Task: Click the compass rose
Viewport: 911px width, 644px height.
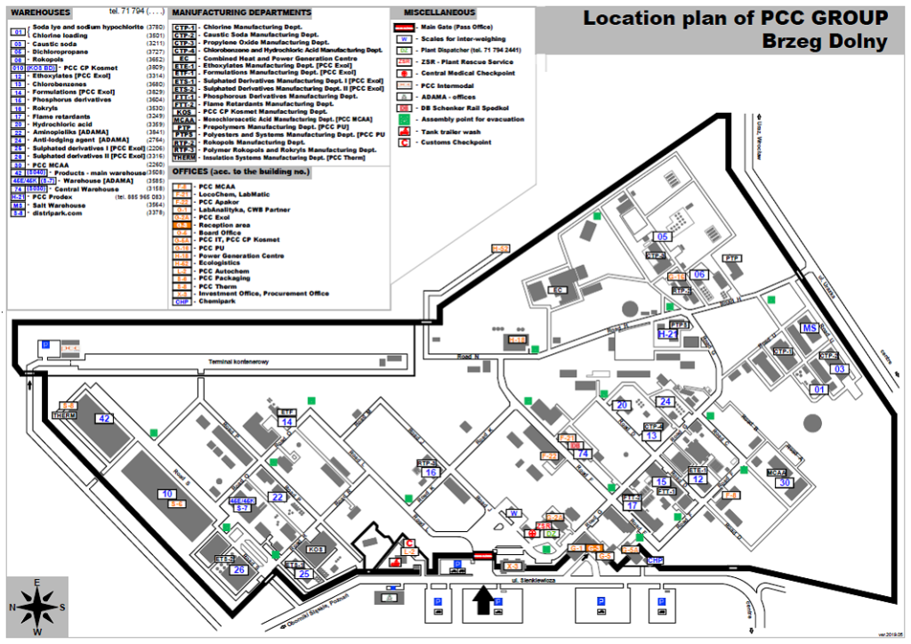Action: coord(36,606)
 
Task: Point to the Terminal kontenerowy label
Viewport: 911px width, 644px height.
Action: coord(238,363)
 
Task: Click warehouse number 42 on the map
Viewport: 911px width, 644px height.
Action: coord(105,418)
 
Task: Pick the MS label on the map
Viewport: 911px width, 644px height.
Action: coord(810,328)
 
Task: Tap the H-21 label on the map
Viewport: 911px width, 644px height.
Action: coord(668,334)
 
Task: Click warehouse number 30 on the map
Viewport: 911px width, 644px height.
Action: coord(784,482)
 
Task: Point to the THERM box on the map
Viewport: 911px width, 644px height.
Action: coord(64,415)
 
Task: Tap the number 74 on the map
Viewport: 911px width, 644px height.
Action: coord(583,454)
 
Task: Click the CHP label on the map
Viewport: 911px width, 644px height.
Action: coord(656,560)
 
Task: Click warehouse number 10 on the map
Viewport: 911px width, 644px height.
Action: coord(166,494)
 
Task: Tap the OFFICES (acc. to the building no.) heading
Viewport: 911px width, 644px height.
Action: coord(232,170)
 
